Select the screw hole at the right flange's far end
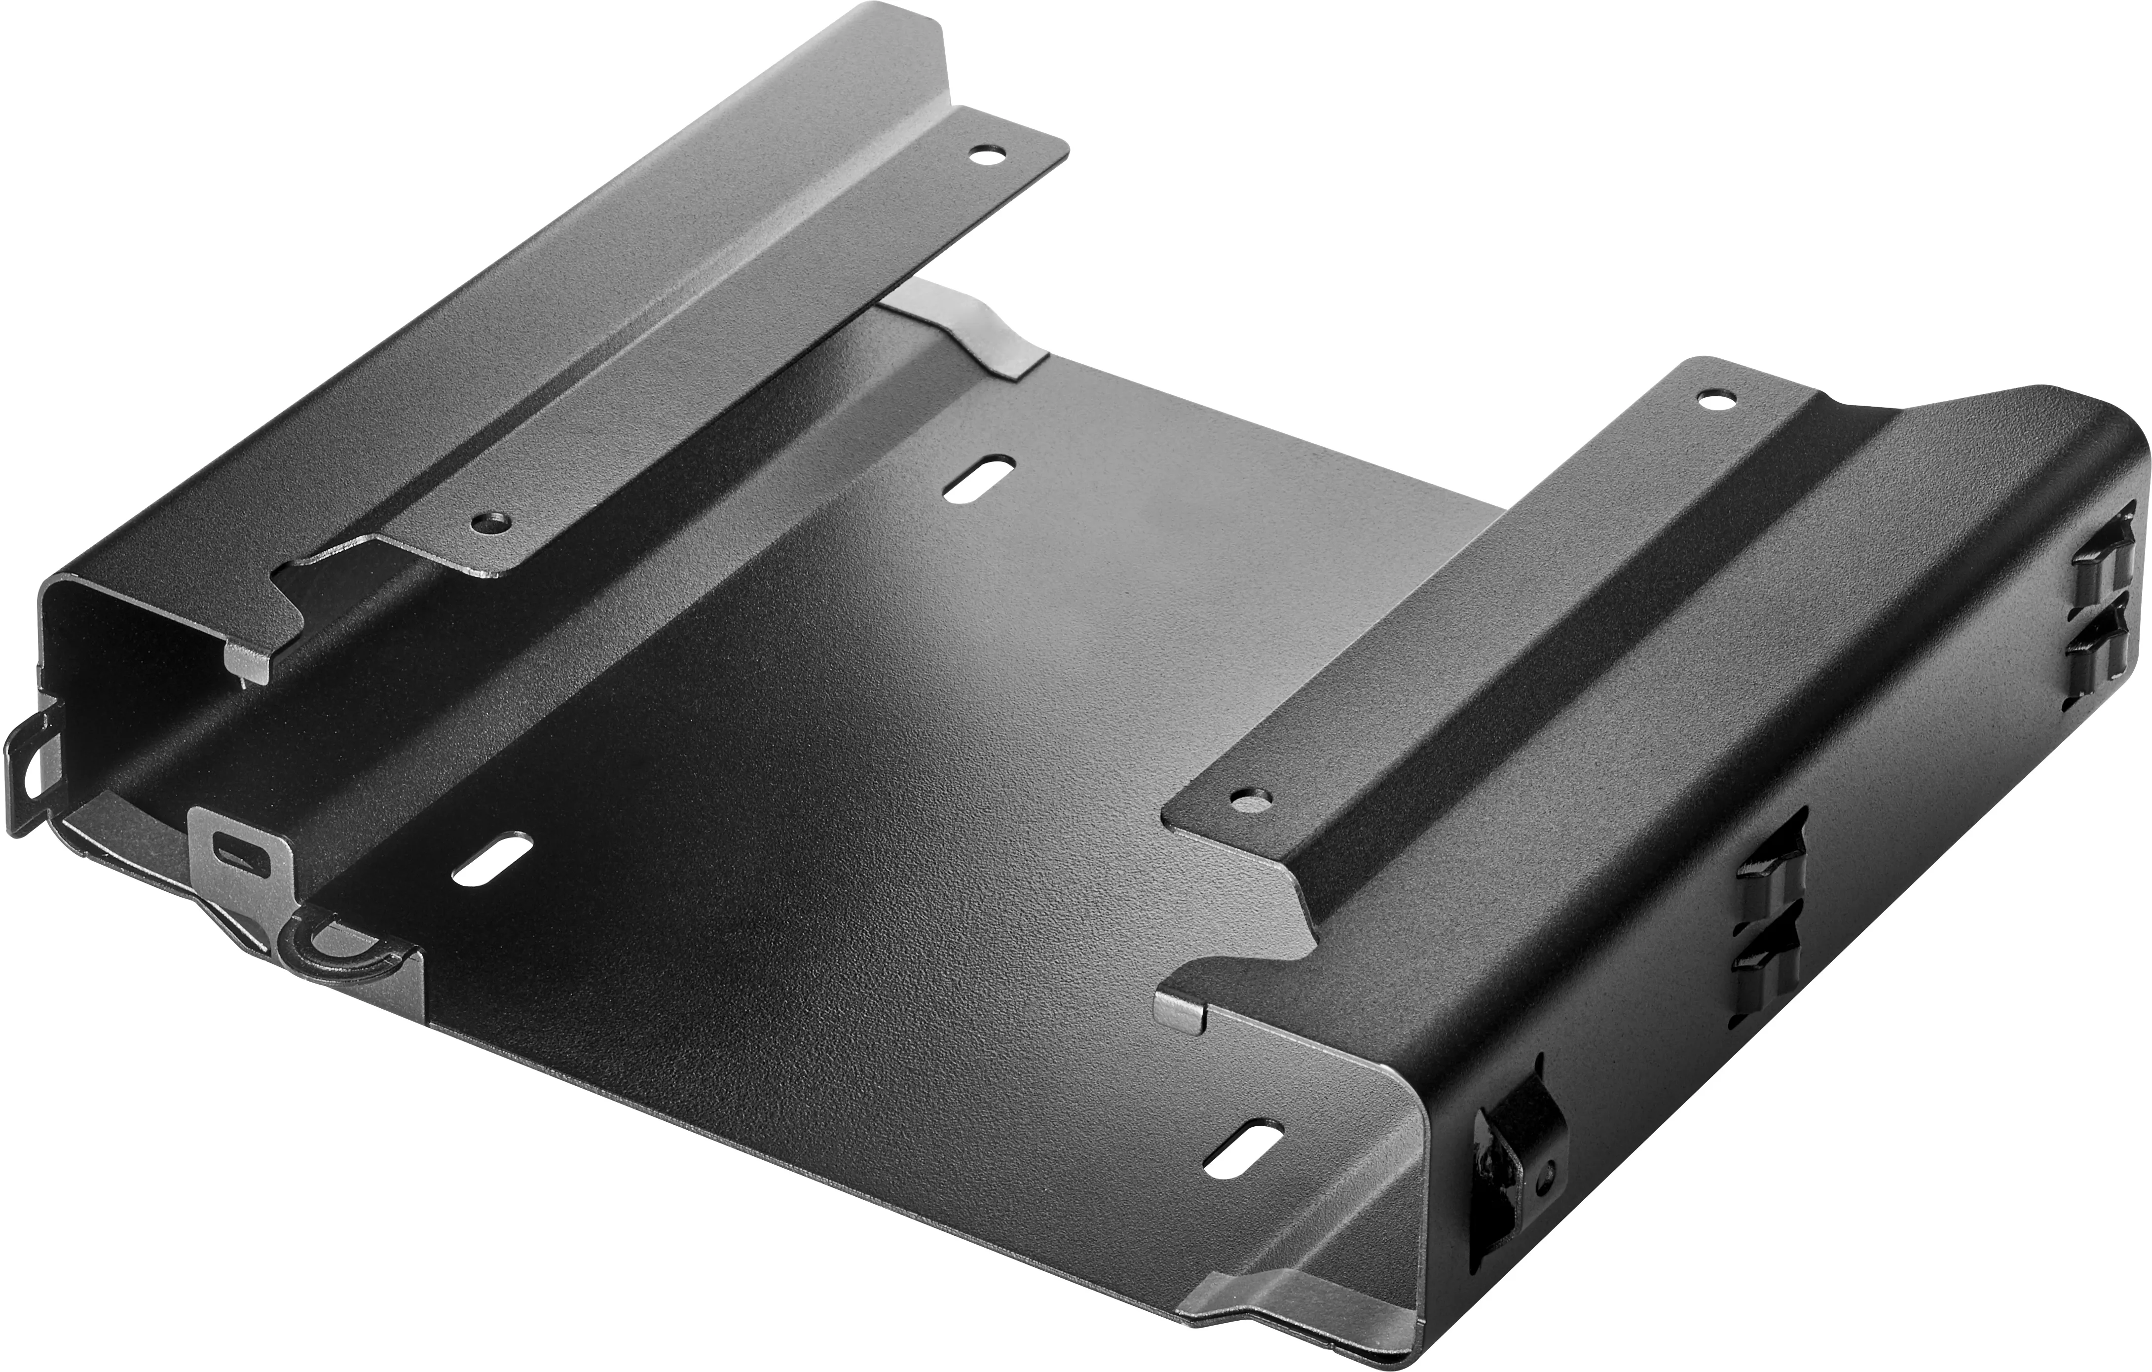[x=1711, y=400]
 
